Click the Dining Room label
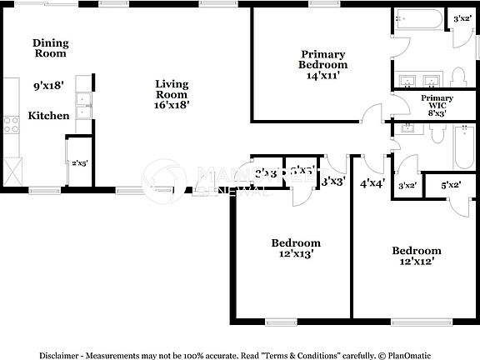pyautogui.click(x=49, y=47)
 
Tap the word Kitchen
pyautogui.click(x=49, y=116)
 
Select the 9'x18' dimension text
pyautogui.click(x=49, y=85)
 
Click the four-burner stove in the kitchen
pyautogui.click(x=12, y=125)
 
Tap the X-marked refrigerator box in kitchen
pyautogui.click(x=11, y=173)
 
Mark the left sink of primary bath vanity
pyautogui.click(x=408, y=81)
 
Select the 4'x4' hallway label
pyautogui.click(x=372, y=183)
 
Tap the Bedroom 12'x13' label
pyautogui.click(x=296, y=248)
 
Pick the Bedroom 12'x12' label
pyautogui.click(x=416, y=255)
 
